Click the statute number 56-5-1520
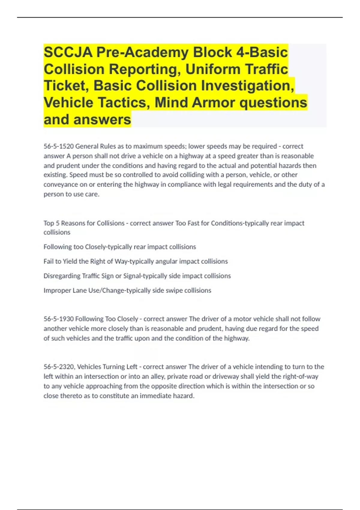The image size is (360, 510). pyautogui.click(x=58, y=146)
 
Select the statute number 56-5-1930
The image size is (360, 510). pyautogui.click(x=58, y=319)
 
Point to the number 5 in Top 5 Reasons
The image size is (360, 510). pyautogui.click(x=58, y=223)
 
